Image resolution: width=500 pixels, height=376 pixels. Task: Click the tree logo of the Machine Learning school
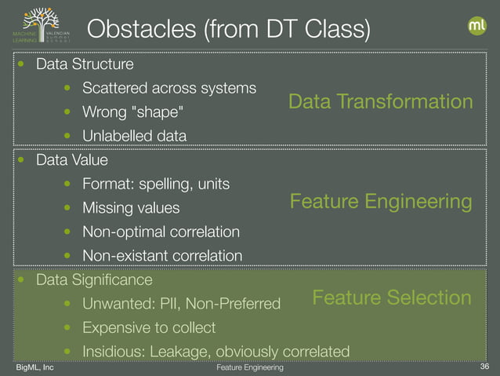pyautogui.click(x=41, y=27)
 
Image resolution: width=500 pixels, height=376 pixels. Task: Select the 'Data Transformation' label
pyautogui.click(x=381, y=102)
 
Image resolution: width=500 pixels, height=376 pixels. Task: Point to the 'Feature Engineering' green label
pyautogui.click(x=381, y=203)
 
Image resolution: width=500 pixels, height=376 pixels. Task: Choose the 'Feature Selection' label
pyautogui.click(x=392, y=298)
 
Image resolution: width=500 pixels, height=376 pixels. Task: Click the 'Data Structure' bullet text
pyautogui.click(x=85, y=63)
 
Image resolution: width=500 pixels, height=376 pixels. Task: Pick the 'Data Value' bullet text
pyautogui.click(x=72, y=160)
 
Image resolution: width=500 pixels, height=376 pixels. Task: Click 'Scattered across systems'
pyautogui.click(x=169, y=87)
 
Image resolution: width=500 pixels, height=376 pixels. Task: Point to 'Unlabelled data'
pyautogui.click(x=134, y=136)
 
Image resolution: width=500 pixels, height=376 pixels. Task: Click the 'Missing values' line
pyautogui.click(x=131, y=208)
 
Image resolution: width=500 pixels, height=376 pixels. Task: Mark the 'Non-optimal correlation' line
pyautogui.click(x=161, y=232)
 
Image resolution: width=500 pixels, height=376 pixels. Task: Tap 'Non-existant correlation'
pyautogui.click(x=162, y=255)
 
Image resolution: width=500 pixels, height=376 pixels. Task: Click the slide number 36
pyautogui.click(x=483, y=367)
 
